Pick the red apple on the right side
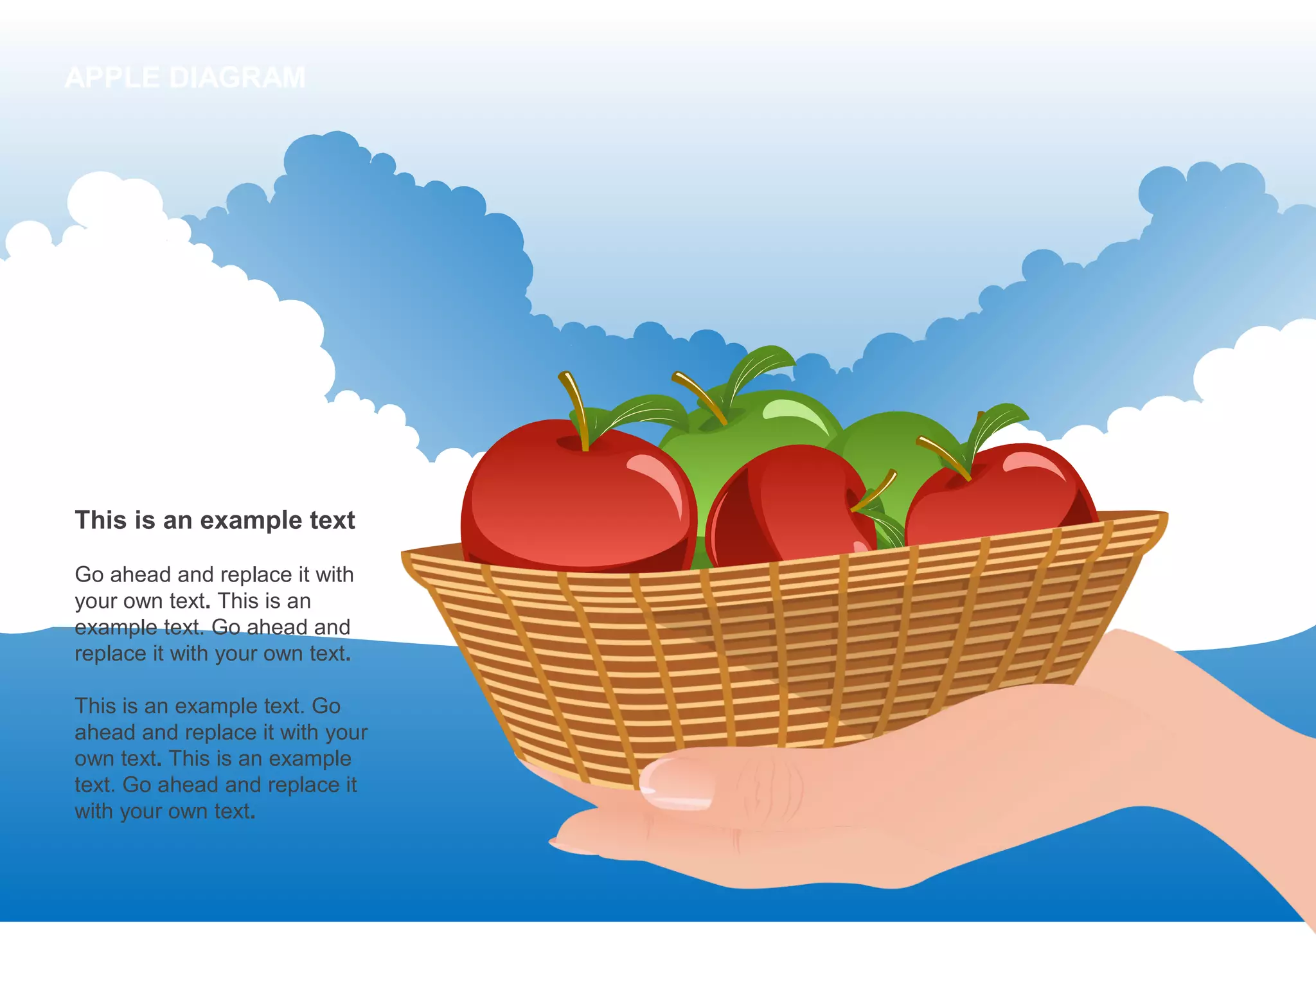[x=1002, y=495]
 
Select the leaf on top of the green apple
[x=761, y=365]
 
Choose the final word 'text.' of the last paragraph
[x=235, y=812]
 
